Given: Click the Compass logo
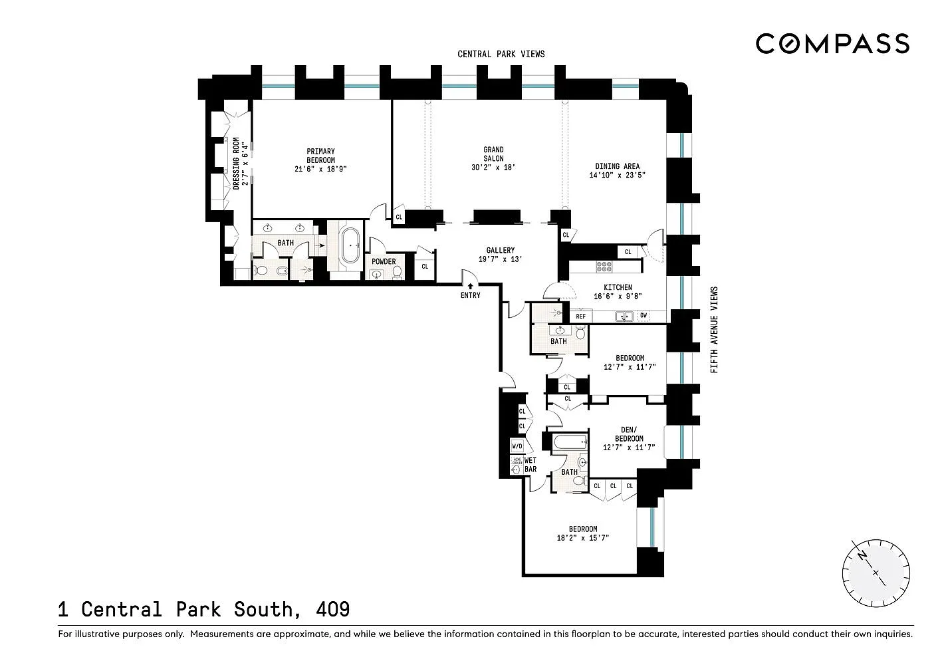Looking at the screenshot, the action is coord(832,44).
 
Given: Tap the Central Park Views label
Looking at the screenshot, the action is coord(501,54).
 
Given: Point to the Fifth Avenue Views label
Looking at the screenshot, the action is coord(714,330).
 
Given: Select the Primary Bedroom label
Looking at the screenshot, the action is coord(320,156).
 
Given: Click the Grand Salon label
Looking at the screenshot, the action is coord(493,154).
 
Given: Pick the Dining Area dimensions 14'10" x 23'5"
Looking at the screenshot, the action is coord(618,175).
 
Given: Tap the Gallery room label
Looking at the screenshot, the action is coord(500,250).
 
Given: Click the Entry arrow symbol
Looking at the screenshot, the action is coord(471,286).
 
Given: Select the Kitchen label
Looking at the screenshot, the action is coord(618,287).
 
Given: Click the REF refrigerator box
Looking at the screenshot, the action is coord(581,316).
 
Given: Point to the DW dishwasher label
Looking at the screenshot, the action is coord(644,315).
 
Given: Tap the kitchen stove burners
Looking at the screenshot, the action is coord(604,267).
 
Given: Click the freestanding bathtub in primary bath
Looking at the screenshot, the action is coord(351,245).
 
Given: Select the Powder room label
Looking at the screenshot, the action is coord(384,261).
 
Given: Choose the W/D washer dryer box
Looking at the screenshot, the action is coord(517,446).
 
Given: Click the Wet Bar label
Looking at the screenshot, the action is coord(530,465).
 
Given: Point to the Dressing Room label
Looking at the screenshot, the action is coord(236,164).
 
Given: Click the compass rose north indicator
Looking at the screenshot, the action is coord(862,555).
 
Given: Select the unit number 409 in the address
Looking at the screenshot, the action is coord(333,609).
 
